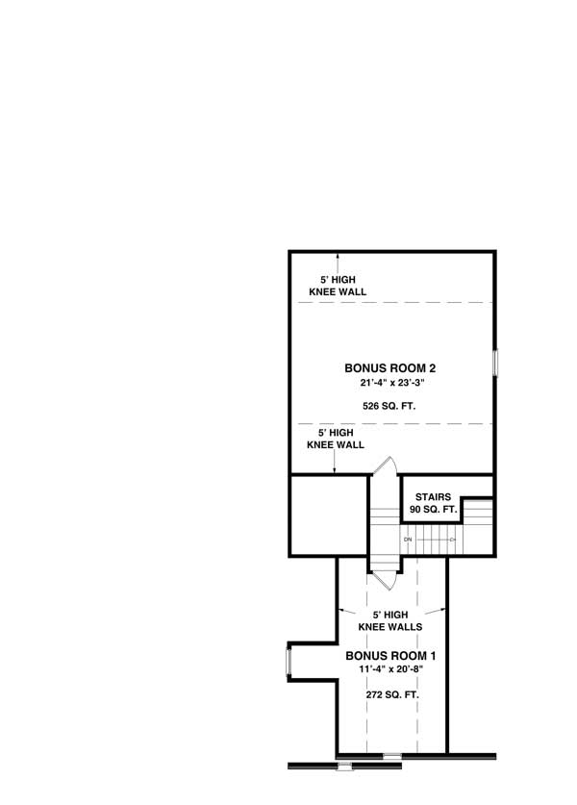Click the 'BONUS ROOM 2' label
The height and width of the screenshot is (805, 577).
tap(384, 367)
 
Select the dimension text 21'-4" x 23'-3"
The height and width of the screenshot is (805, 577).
tap(384, 383)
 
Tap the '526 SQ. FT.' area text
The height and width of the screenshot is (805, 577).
tap(384, 407)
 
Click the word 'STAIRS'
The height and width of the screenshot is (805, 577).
tap(433, 497)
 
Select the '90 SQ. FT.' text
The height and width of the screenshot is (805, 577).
tap(433, 510)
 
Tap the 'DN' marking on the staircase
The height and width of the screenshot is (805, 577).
tap(408, 540)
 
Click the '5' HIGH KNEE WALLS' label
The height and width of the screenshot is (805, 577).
tap(390, 619)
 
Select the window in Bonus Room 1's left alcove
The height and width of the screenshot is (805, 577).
tap(288, 663)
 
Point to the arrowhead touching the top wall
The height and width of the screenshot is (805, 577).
tap(338, 255)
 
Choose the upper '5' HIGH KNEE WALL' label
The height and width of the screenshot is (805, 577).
tap(337, 286)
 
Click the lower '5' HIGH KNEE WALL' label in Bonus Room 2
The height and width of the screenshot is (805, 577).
tap(335, 440)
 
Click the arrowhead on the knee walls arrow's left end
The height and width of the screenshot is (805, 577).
tap(339, 609)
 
